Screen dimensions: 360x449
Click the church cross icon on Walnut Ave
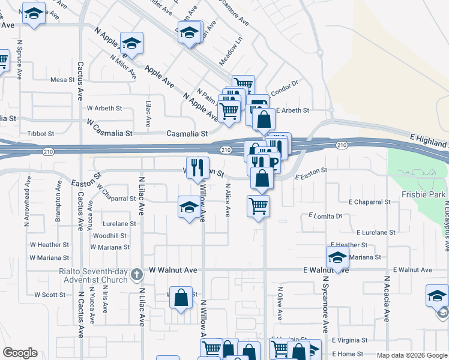pyautogui.click(x=137, y=275)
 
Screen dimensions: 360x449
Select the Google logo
pyautogui.click(x=20, y=353)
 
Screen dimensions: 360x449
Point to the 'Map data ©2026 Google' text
pyautogui.click(x=411, y=355)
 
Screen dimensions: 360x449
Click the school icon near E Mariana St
pyautogui.click(x=337, y=258)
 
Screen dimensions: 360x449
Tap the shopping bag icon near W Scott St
pyautogui.click(x=181, y=297)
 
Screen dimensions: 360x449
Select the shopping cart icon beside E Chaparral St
pyautogui.click(x=258, y=206)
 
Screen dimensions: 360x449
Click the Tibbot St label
pyautogui.click(x=41, y=133)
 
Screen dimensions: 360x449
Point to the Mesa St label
pyautogui.click(x=61, y=79)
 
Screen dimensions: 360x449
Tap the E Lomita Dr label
pyautogui.click(x=325, y=215)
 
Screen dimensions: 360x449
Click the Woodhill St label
pyautogui.click(x=109, y=236)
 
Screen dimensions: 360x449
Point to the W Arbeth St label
pyautogui.click(x=104, y=109)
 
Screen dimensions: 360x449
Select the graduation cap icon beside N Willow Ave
pyautogui.click(x=189, y=208)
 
